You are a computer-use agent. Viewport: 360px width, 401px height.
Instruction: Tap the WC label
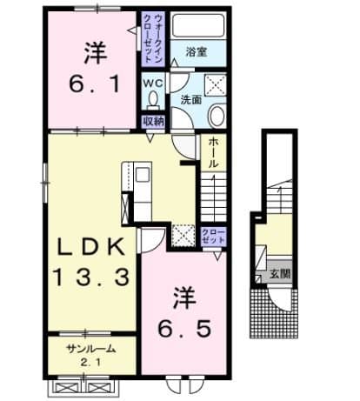pos(152,83)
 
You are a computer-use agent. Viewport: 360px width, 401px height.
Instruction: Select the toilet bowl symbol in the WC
pos(153,101)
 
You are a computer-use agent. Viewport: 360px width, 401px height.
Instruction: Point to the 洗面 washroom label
pos(190,100)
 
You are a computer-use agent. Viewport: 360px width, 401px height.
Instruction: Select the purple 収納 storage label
pos(153,122)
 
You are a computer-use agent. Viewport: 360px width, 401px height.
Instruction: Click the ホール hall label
pos(213,153)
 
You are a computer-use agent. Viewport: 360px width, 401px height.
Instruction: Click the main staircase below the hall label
pos(213,196)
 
